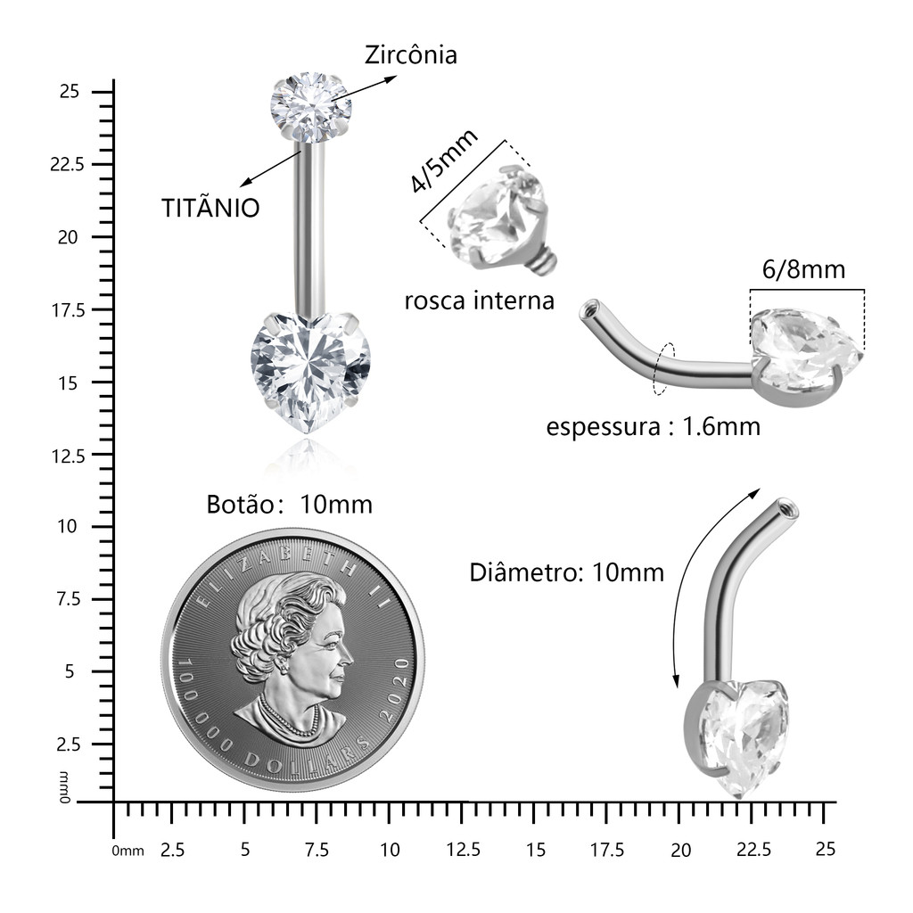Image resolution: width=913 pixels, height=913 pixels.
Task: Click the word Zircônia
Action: coord(410,55)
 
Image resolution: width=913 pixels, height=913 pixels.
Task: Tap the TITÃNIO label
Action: coord(210,208)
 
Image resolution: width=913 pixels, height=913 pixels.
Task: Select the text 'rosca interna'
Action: coord(479,301)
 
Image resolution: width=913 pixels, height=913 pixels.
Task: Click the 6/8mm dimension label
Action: coord(803,269)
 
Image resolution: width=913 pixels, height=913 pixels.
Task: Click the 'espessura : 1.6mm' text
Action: coord(654,427)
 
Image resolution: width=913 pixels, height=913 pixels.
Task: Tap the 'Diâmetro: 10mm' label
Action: coord(566,572)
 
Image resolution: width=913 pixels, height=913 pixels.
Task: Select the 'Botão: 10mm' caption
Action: coord(290,505)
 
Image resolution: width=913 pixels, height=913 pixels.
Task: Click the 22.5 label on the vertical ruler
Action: coord(67,164)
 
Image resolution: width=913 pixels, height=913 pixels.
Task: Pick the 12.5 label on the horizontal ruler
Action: coord(464,850)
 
